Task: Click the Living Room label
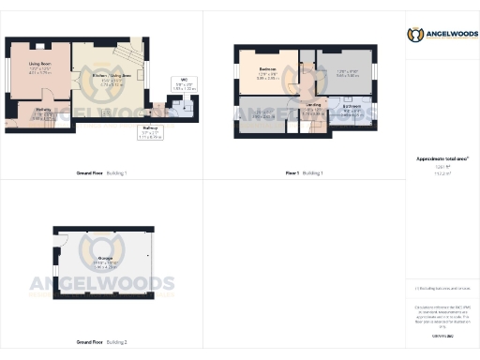tap(38, 67)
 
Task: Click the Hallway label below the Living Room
tap(43, 112)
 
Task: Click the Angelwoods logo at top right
tap(440, 35)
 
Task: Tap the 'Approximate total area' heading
tap(442, 159)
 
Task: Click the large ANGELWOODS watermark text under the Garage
tap(105, 284)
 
